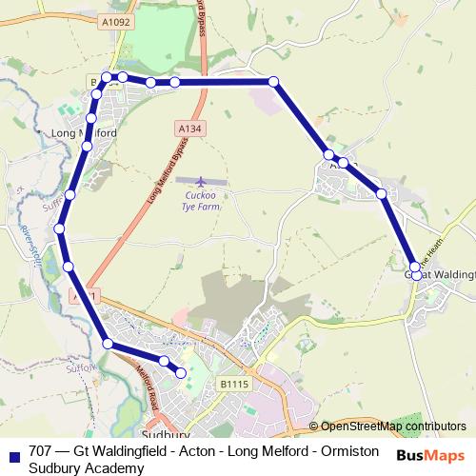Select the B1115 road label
(233, 383)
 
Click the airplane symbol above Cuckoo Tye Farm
(201, 181)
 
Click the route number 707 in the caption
(41, 451)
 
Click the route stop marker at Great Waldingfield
(416, 275)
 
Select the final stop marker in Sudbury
(181, 373)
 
